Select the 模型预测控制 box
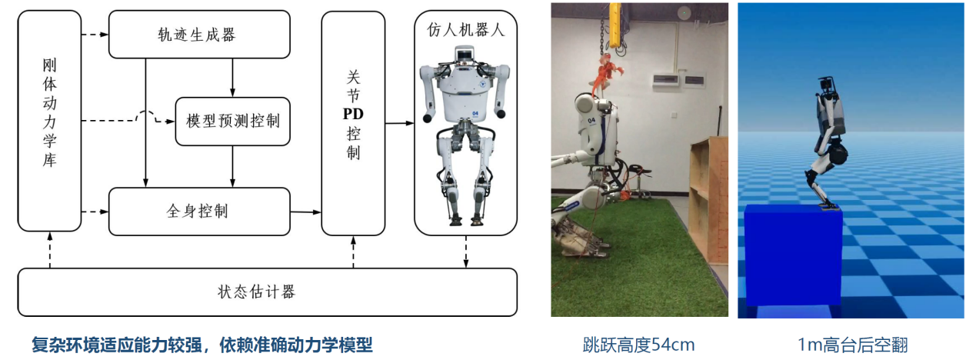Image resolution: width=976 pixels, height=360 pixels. pos(232,121)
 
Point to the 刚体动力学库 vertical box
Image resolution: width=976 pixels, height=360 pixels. pos(49,121)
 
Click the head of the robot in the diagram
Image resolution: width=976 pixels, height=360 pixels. pos(465,55)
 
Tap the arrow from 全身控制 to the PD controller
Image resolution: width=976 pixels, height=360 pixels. pos(305,211)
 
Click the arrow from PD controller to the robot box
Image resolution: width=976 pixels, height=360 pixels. pos(400,122)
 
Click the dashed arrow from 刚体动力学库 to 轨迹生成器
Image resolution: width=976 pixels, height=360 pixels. pos(95,34)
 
